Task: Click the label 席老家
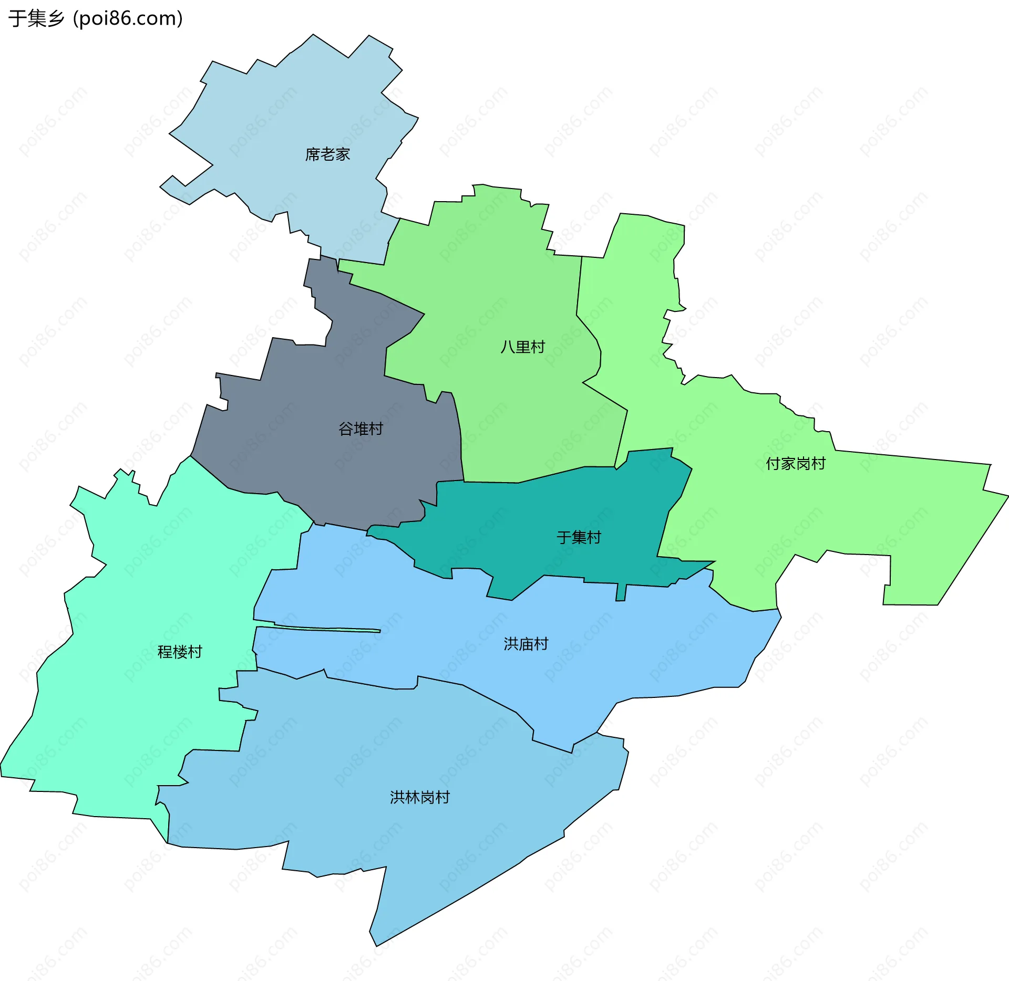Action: click(x=327, y=154)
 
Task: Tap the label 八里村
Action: click(x=522, y=347)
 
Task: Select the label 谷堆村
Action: click(x=361, y=429)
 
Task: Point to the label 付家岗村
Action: click(x=795, y=464)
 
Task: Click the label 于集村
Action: click(x=579, y=537)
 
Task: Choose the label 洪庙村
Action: click(x=526, y=644)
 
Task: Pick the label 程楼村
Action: click(x=180, y=652)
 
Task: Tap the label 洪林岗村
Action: click(x=419, y=797)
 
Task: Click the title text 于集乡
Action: click(x=36, y=18)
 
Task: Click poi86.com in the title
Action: click(x=128, y=18)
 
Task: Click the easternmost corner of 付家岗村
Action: click(x=1007, y=496)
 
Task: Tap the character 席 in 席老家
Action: click(x=313, y=154)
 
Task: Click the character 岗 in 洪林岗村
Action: click(x=427, y=797)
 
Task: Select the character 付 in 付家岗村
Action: click(x=773, y=464)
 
